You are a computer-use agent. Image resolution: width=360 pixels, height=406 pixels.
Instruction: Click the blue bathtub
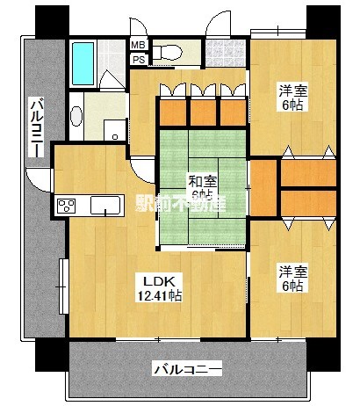tap(83, 59)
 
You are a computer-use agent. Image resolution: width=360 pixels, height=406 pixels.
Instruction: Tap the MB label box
tap(139, 45)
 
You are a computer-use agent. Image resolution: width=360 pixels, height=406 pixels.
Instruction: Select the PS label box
tap(139, 59)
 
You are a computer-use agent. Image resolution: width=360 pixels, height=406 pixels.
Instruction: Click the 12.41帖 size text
tap(160, 297)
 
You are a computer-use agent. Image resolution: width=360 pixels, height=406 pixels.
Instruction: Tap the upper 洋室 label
tap(292, 91)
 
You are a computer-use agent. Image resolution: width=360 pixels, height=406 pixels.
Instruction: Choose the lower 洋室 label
tap(292, 270)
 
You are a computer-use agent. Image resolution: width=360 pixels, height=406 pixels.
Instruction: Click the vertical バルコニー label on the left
tap(36, 128)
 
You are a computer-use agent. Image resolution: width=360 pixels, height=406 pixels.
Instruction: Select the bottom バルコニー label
tap(187, 367)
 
